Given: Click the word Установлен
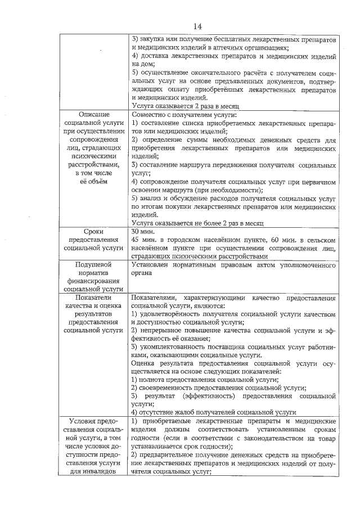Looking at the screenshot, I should point(151,264).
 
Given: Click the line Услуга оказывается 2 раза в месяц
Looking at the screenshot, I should point(186,106).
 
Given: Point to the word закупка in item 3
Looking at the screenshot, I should point(153,40).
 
